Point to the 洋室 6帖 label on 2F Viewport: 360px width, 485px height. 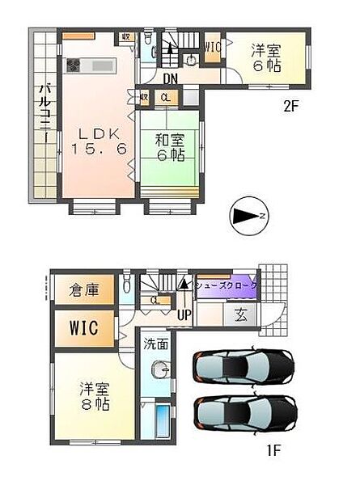[265, 57]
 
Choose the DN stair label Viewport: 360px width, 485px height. [170, 79]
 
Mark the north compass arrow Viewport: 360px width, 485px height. [248, 216]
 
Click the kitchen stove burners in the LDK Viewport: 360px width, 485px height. [73, 65]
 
